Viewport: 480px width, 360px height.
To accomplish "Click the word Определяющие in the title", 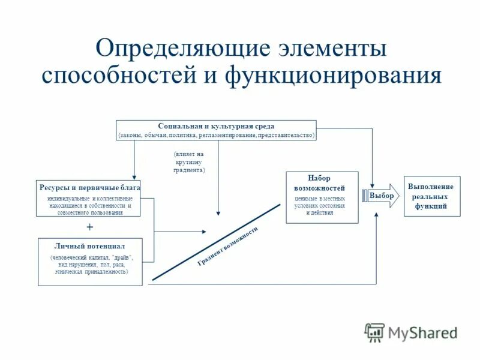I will [174, 49].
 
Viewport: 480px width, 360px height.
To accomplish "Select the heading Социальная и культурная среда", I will [216, 126].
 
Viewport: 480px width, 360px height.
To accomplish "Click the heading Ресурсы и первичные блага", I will [89, 187].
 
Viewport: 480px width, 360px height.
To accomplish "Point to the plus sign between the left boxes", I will [90, 227].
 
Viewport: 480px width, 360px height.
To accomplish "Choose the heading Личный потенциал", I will [90, 246].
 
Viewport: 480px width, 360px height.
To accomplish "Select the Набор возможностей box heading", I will [322, 183].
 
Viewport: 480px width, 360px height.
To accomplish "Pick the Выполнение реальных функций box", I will [432, 196].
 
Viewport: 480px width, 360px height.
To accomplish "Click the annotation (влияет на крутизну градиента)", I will [189, 162].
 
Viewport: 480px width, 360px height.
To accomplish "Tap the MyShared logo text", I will [423, 332].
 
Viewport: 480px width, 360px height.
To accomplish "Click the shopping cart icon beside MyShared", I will [375, 332].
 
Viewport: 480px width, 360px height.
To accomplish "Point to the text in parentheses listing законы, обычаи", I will [216, 135].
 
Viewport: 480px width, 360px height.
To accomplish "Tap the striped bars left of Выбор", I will [364, 196].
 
